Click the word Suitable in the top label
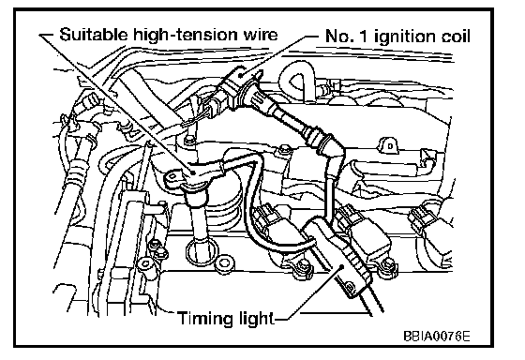click(x=94, y=35)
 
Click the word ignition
click(x=405, y=37)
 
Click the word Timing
click(x=206, y=319)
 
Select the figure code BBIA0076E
click(x=437, y=336)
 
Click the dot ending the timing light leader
click(x=342, y=266)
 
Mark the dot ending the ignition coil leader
click(x=240, y=75)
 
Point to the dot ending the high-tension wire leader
click(x=193, y=172)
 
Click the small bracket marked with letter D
click(x=389, y=146)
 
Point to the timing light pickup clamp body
click(x=338, y=254)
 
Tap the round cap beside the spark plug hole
click(x=225, y=263)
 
